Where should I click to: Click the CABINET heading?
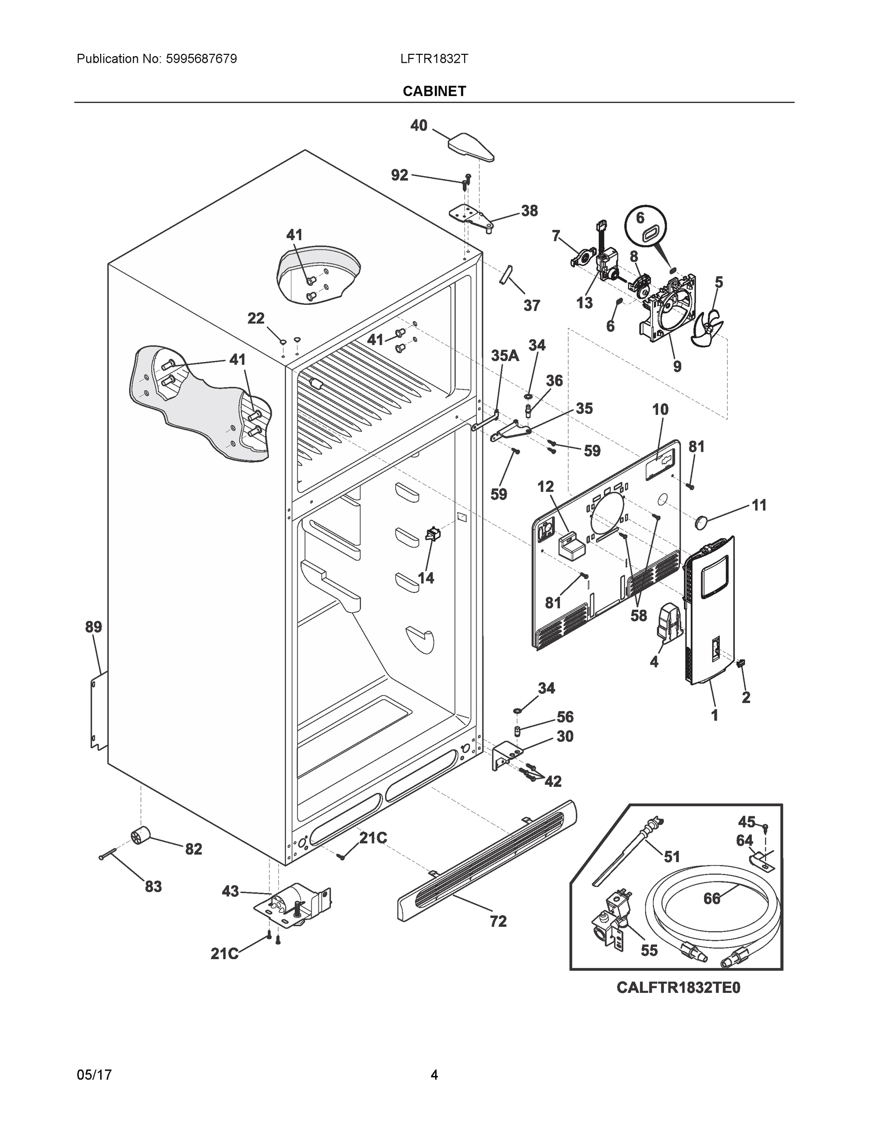click(x=434, y=91)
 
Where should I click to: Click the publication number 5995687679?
click(x=201, y=59)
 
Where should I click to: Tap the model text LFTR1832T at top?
click(x=434, y=59)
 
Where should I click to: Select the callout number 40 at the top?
click(x=418, y=125)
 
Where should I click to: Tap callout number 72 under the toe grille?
click(x=498, y=921)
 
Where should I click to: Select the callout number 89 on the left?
click(x=93, y=627)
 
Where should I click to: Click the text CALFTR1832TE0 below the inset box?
click(x=678, y=988)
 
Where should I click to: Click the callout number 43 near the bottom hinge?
click(x=230, y=891)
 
